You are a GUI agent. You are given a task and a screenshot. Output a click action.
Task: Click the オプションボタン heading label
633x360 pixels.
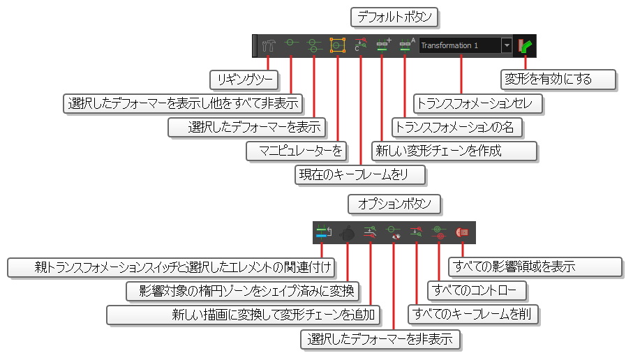(394, 204)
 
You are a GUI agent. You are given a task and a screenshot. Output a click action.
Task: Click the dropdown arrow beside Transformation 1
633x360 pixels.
(506, 45)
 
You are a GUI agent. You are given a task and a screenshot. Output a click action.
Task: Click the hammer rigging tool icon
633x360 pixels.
(269, 46)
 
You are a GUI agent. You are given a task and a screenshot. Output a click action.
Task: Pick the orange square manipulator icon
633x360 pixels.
(338, 45)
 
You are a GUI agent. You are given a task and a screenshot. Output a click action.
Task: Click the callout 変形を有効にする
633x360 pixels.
(558, 79)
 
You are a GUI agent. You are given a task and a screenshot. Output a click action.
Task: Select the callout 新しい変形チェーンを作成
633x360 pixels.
(455, 151)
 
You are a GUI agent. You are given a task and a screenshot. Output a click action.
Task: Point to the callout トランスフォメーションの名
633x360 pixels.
(458, 127)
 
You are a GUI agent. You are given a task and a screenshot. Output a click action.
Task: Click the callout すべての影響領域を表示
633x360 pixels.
(534, 267)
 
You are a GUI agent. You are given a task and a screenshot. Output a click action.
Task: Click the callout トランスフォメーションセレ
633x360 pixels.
(478, 103)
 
